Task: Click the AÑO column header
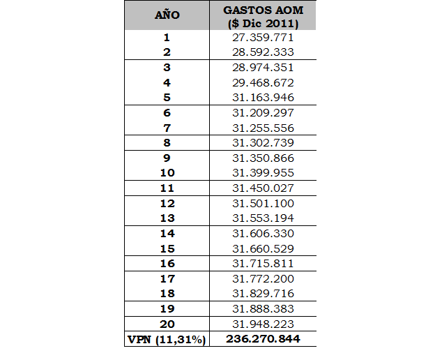(x=167, y=15)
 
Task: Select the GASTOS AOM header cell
(x=263, y=16)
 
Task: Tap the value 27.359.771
(x=263, y=38)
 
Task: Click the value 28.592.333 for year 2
(x=263, y=52)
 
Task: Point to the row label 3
(x=167, y=68)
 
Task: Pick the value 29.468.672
(x=263, y=82)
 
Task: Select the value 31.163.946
(x=263, y=98)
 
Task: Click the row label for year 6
(x=167, y=112)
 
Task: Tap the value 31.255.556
(x=263, y=128)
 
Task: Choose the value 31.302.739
(x=263, y=142)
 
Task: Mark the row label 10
(x=167, y=172)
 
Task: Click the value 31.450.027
(x=263, y=188)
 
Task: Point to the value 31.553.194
(x=263, y=218)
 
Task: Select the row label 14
(x=167, y=233)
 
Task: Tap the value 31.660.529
(x=263, y=248)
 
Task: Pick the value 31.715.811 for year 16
(x=263, y=263)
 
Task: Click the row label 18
(x=167, y=293)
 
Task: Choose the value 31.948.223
(x=263, y=324)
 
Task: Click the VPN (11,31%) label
(x=167, y=339)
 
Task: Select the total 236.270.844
(x=263, y=339)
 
